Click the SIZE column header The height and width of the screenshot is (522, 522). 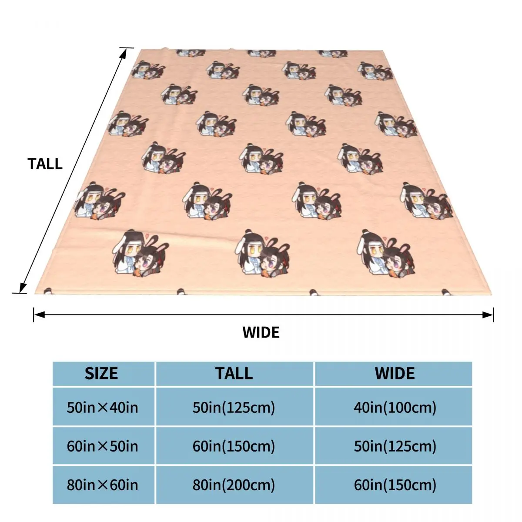coord(101,374)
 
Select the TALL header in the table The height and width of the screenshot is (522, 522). coord(234,374)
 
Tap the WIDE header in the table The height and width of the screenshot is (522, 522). coord(395,374)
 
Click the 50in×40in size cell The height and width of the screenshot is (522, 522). coord(102,408)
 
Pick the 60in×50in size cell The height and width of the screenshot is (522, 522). coord(102,446)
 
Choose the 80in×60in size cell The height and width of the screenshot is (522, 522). coord(102,485)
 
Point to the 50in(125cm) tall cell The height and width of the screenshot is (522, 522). coord(234,408)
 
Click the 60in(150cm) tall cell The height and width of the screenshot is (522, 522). coord(234,446)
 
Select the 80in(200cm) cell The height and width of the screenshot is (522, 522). coord(234,485)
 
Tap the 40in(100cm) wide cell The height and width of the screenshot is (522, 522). coord(395,408)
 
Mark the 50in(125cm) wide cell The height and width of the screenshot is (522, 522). coord(395,446)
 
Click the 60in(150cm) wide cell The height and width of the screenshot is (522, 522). coord(395,485)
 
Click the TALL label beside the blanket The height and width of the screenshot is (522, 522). coord(45,164)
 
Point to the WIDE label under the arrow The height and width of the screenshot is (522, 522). coord(261,332)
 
